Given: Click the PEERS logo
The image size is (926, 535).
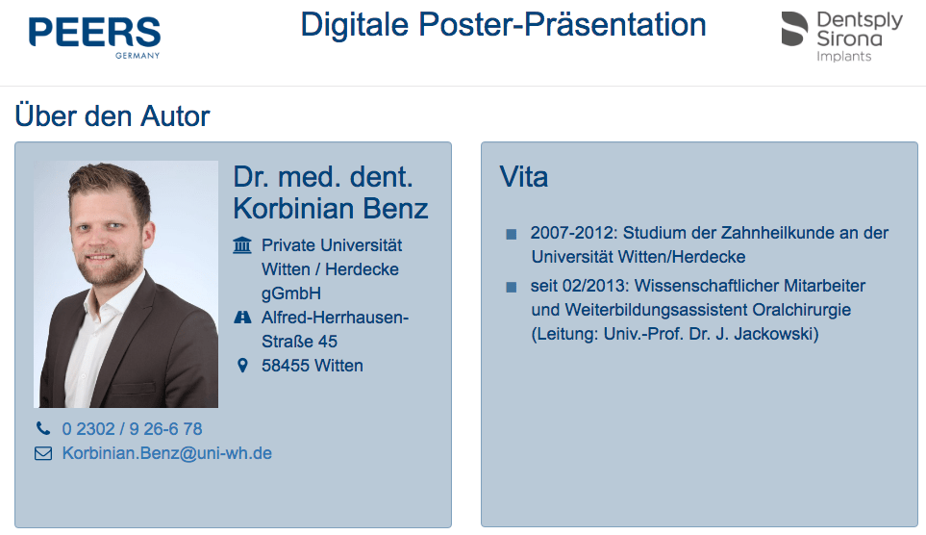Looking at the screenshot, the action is click(x=94, y=37).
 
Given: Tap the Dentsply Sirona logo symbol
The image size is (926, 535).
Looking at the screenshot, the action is click(x=794, y=29).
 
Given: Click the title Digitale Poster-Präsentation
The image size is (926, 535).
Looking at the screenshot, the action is click(x=503, y=25).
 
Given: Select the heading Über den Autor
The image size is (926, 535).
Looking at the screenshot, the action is click(x=113, y=115).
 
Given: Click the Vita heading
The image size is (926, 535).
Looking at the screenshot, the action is click(x=524, y=177).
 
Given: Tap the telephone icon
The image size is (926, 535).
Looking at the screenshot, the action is click(x=43, y=428).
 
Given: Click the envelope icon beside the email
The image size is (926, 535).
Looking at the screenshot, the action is click(x=43, y=453).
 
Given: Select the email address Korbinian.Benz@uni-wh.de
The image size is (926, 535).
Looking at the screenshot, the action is click(x=167, y=453).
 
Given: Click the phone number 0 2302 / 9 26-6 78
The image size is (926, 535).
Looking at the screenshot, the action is click(x=133, y=428).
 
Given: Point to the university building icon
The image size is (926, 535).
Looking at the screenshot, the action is click(x=242, y=244).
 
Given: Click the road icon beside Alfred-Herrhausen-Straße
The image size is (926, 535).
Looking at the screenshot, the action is click(x=242, y=318).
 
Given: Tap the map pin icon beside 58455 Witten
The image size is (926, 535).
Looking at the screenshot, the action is click(x=242, y=366).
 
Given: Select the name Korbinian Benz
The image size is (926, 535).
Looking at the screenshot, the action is click(x=331, y=209).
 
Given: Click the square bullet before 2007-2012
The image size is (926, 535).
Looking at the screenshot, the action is click(x=512, y=234).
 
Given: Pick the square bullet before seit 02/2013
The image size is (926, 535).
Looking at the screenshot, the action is click(x=512, y=288).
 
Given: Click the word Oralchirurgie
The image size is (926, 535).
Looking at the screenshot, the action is click(x=801, y=310).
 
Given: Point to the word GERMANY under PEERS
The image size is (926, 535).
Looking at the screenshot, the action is click(x=138, y=56).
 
